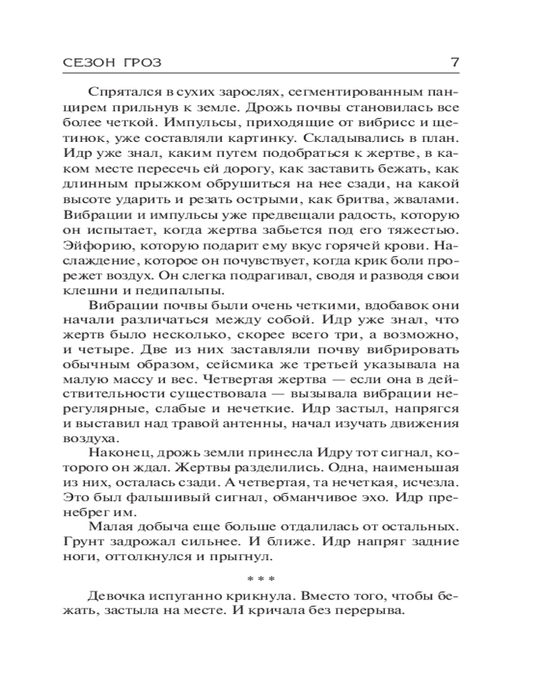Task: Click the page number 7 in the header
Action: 455,62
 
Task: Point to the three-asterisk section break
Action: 261,579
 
